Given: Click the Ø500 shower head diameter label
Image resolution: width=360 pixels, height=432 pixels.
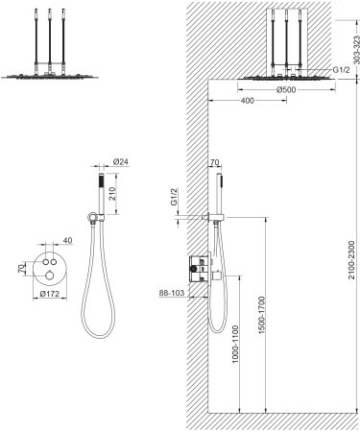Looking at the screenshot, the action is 286,90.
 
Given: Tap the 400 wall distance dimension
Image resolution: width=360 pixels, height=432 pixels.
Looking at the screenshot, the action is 247,101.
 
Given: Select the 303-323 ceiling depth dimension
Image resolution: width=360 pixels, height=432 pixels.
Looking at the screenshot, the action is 351,51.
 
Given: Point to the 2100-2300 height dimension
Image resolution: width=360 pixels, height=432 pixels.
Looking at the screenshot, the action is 351,260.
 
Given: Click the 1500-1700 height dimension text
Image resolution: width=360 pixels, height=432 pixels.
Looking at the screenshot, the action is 262,315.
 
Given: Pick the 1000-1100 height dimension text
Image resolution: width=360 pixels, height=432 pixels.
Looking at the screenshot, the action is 235,344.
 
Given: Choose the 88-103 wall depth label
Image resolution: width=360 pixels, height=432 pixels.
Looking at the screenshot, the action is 172,293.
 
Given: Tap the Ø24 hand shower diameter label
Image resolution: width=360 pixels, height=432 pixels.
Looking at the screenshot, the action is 121,162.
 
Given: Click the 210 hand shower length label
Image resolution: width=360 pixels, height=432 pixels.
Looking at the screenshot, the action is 112,194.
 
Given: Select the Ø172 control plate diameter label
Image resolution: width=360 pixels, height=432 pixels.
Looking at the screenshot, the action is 50,294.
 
